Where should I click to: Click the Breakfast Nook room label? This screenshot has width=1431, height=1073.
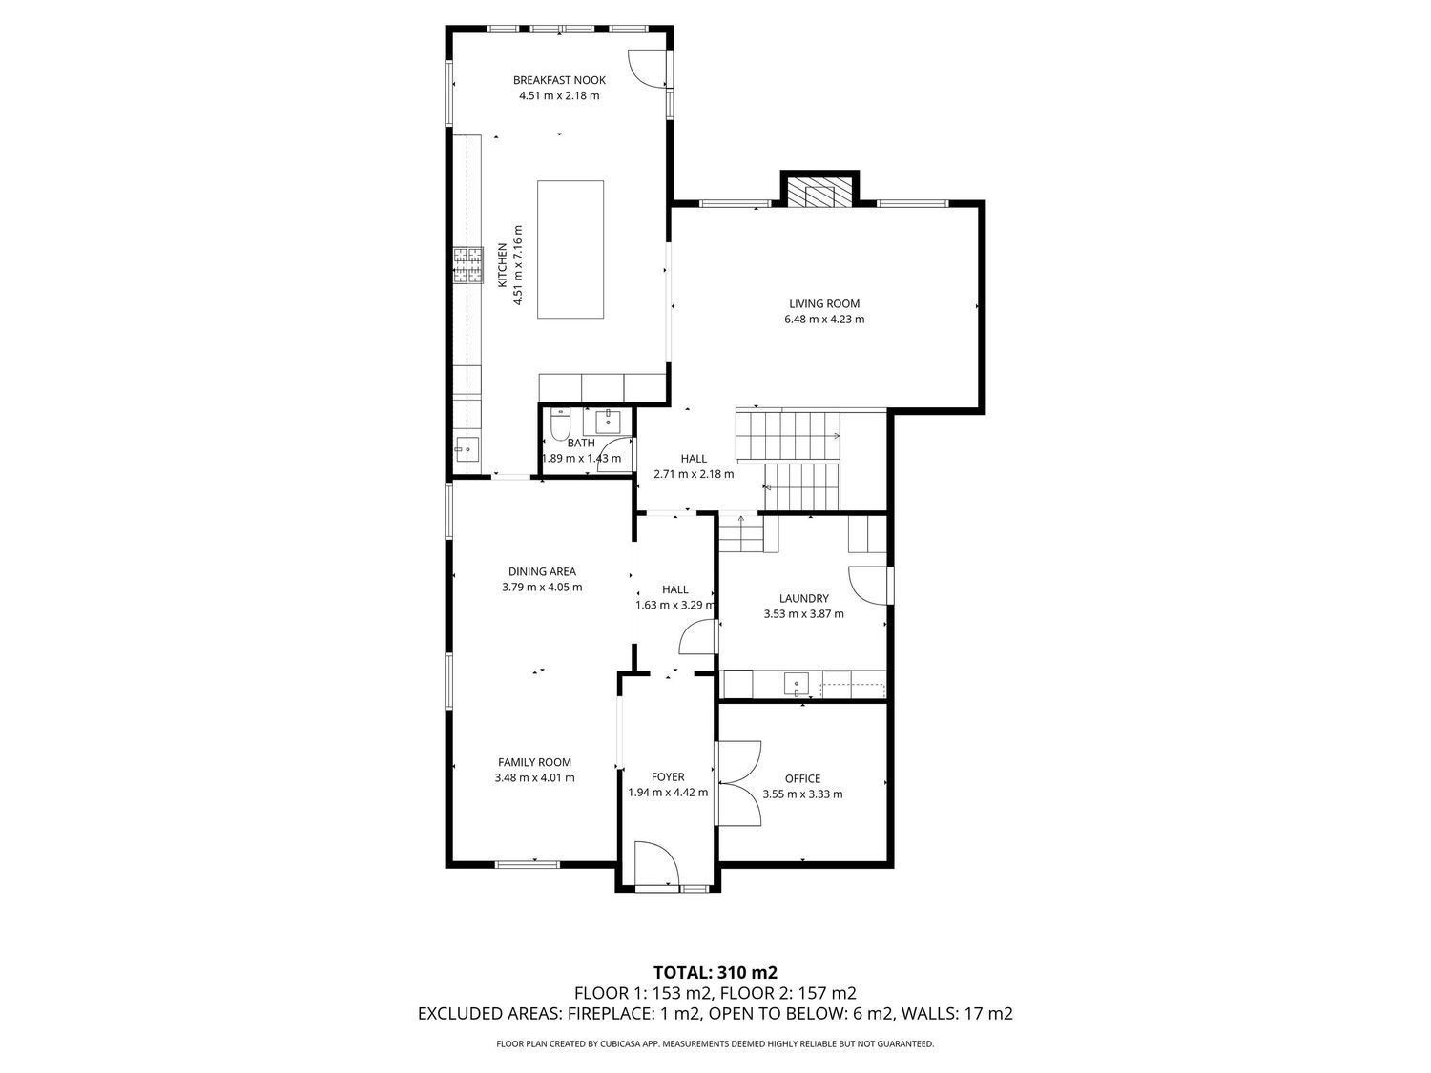pyautogui.click(x=559, y=80)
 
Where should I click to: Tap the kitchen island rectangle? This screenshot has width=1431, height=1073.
pyautogui.click(x=570, y=250)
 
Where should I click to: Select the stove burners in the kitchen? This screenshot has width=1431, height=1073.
pyautogui.click(x=468, y=266)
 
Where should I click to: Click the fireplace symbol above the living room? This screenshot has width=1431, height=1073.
pyautogui.click(x=819, y=193)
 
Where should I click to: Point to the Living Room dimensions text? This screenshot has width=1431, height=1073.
pyautogui.click(x=824, y=320)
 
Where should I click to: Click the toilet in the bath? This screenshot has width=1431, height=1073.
pyautogui.click(x=560, y=423)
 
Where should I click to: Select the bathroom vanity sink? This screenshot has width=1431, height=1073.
pyautogui.click(x=609, y=422)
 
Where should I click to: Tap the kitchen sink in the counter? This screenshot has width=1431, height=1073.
pyautogui.click(x=467, y=449)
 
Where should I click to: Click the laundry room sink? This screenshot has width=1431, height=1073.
pyautogui.click(x=796, y=685)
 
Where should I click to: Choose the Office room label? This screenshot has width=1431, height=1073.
pyautogui.click(x=802, y=778)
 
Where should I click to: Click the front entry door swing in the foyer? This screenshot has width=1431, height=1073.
pyautogui.click(x=656, y=863)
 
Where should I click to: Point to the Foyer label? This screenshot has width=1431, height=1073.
pyautogui.click(x=668, y=776)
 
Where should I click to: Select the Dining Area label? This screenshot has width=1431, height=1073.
pyautogui.click(x=542, y=571)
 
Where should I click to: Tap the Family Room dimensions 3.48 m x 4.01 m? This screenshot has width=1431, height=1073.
pyautogui.click(x=534, y=777)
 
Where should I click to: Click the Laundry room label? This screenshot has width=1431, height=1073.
pyautogui.click(x=804, y=598)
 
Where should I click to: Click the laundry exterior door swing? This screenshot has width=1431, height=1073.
pyautogui.click(x=868, y=585)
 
